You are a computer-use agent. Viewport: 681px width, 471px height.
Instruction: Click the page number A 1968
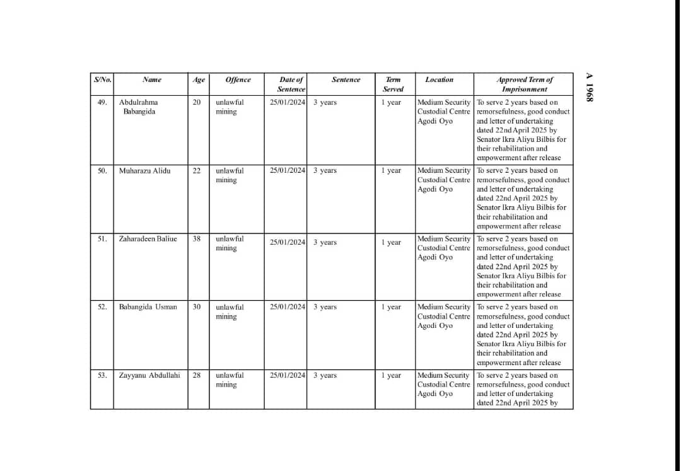[590, 87]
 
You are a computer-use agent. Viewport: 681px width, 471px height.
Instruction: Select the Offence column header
[238, 80]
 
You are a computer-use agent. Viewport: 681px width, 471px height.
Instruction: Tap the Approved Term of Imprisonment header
[524, 84]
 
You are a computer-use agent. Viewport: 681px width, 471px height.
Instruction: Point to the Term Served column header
[393, 84]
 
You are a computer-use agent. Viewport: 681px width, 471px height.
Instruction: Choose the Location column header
[439, 80]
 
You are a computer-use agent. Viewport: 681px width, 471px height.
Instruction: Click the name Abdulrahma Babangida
[139, 107]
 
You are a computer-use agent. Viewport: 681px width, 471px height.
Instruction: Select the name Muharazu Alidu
[144, 171]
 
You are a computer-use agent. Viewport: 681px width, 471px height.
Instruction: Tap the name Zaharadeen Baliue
[148, 239]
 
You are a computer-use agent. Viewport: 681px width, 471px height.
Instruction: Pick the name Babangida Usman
[148, 307]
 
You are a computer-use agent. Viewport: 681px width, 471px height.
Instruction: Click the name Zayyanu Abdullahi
[149, 375]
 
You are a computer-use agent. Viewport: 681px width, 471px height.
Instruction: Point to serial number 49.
[102, 102]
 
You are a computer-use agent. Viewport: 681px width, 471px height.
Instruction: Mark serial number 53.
[102, 375]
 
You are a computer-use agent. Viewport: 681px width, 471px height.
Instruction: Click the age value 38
[197, 239]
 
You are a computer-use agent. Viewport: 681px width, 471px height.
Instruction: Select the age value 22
[197, 171]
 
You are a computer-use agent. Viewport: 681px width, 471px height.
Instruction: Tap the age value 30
[197, 307]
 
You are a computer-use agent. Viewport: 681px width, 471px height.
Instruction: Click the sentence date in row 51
[288, 243]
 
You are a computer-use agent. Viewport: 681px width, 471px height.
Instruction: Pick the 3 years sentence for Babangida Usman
[325, 307]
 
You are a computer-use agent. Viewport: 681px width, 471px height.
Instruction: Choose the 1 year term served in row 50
[391, 171]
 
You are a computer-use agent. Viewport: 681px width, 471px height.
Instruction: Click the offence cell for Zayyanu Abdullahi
[226, 380]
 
